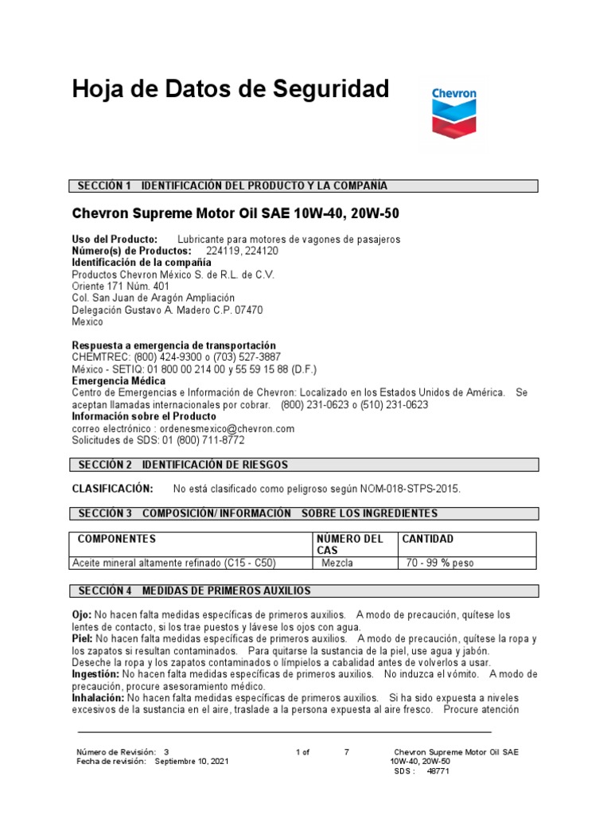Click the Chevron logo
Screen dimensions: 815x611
tap(454, 115)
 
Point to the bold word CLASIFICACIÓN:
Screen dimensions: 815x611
tap(112, 488)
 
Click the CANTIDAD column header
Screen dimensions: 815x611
tap(428, 539)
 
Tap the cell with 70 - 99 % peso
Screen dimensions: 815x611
tap(438, 563)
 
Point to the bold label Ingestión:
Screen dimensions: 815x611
tap(95, 674)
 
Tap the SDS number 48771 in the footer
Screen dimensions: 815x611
tap(438, 771)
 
